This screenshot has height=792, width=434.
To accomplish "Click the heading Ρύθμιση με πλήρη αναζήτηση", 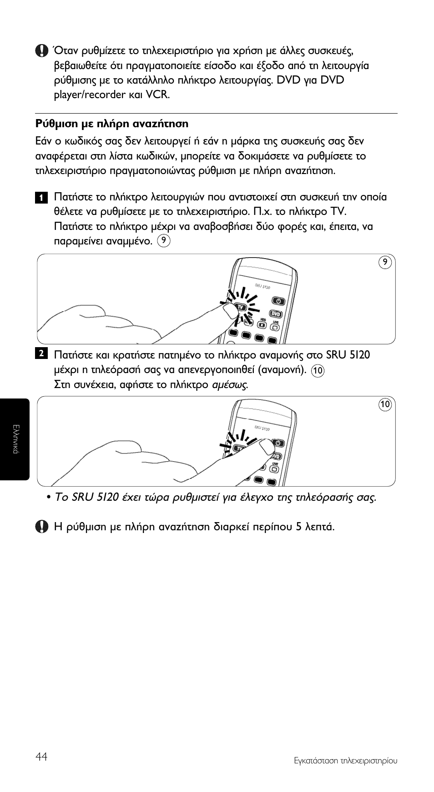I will tap(111, 124).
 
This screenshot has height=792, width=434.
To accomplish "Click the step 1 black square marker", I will tap(40, 198).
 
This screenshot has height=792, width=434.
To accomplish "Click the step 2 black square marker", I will tap(40, 354).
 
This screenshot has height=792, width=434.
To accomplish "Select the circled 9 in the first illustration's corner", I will tap(385, 262).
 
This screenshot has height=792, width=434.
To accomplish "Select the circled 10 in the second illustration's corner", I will tap(385, 404).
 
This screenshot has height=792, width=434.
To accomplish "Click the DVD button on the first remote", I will tap(275, 314).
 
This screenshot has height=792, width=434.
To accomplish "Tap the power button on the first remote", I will tap(278, 301).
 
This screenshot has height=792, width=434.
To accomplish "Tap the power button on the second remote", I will tap(279, 443).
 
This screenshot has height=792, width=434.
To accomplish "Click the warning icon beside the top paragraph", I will tap(41, 51).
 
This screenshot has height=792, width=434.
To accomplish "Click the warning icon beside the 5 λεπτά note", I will tap(41, 527).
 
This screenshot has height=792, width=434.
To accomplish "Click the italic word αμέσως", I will tap(230, 385).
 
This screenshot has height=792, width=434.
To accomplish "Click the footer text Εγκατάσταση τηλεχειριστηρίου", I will tap(345, 761).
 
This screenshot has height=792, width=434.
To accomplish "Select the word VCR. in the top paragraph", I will tap(157, 95).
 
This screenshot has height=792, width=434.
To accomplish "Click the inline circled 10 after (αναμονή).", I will tap(318, 371).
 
